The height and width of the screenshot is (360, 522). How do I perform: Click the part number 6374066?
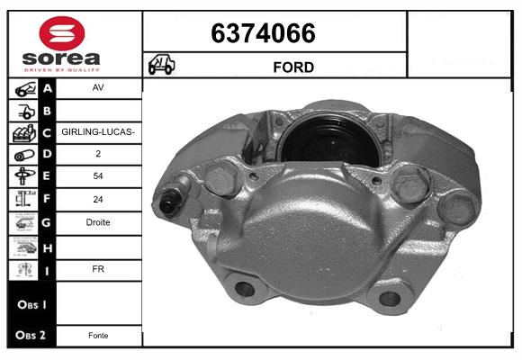tap(263, 33)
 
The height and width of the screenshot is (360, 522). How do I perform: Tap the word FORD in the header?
tap(293, 67)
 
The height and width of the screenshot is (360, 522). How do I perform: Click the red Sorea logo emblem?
tap(62, 33)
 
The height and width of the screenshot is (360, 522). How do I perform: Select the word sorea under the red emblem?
tap(61, 58)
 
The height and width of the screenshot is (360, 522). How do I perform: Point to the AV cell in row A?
tap(98, 87)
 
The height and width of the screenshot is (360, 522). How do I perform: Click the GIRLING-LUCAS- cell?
tap(98, 132)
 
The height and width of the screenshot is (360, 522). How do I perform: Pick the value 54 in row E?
tap(98, 175)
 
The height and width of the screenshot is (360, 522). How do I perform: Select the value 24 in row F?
tap(98, 199)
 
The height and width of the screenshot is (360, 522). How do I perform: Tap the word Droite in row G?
tap(98, 222)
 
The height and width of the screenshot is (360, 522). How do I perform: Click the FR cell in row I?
tap(98, 269)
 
